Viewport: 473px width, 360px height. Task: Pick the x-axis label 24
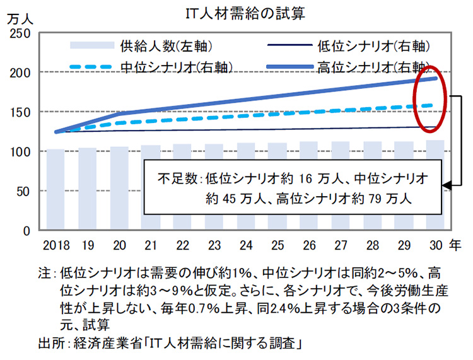pos(245,243)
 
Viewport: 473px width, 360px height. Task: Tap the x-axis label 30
pos(435,243)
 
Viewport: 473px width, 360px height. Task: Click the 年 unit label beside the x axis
pos(455,243)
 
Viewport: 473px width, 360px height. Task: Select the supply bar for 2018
pos(55,189)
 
